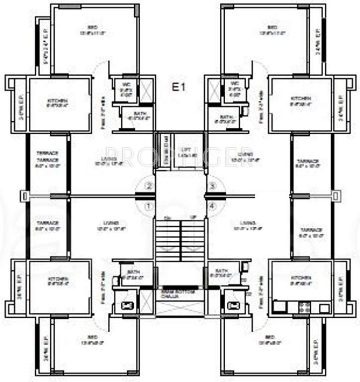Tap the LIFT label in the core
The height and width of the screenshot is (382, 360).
[186, 149]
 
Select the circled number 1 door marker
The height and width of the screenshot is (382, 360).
[148, 205]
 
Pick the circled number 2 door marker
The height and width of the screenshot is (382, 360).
[148, 187]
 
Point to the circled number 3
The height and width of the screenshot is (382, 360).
[212, 187]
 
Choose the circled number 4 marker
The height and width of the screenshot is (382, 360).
[212, 205]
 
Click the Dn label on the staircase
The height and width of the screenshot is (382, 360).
[168, 218]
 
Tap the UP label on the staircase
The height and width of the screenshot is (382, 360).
[193, 218]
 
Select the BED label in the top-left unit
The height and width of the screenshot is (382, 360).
[92, 27]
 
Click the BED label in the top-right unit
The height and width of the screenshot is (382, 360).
[272, 27]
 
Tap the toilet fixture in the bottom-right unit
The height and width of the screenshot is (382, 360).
[231, 305]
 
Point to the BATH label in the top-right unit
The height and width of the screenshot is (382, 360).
[227, 117]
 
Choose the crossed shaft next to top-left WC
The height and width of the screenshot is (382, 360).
[146, 91]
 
